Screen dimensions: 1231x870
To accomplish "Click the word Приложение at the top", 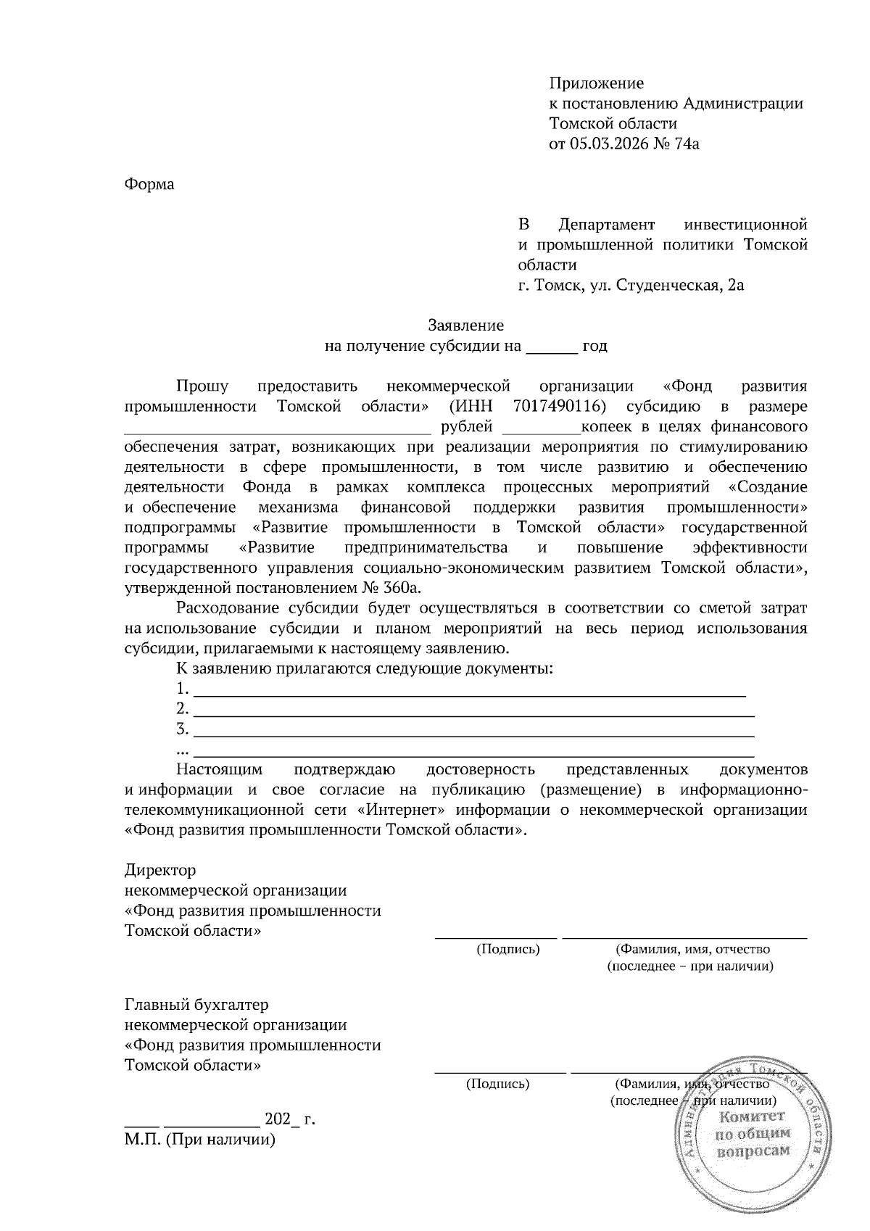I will (x=596, y=83).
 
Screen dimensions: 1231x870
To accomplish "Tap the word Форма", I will (x=149, y=184).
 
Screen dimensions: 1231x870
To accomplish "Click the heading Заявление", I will (x=466, y=326).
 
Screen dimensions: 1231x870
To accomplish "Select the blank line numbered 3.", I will (x=474, y=731).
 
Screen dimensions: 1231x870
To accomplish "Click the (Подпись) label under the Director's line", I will (x=507, y=949).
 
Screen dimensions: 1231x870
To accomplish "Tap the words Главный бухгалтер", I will (x=196, y=1006).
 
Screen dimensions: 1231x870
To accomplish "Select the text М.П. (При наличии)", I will (x=200, y=1140).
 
